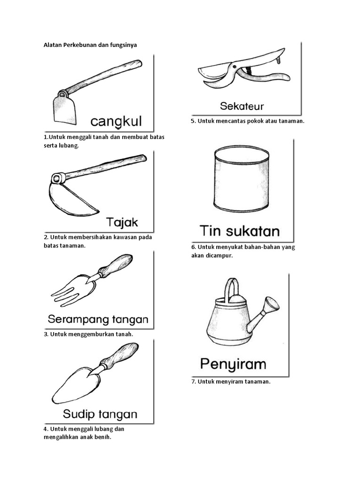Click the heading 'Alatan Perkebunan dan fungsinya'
pos(90,45)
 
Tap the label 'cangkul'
pos(117,122)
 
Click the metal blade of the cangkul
pos(64,109)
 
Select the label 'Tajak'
pos(122,222)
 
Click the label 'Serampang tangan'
pos(98,319)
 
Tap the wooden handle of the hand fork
pos(116,265)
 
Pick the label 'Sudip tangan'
pos(100,414)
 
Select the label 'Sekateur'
pos(242,106)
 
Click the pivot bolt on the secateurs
pos(234,66)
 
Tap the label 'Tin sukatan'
pos(240,231)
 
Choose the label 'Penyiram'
pos(233,365)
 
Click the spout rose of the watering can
pos(272,304)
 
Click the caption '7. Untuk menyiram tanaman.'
pos(231,382)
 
